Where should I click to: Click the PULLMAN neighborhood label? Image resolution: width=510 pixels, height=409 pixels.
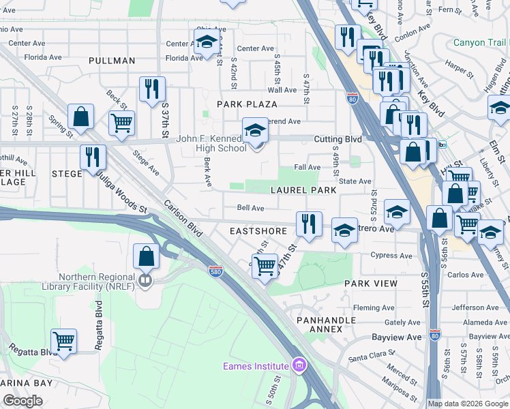pos(112,61)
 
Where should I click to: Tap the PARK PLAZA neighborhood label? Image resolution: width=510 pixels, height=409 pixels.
pos(247,104)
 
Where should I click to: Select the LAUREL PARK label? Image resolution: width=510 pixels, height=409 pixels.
pos(303,190)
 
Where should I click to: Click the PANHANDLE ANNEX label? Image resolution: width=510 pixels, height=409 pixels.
pos(325,324)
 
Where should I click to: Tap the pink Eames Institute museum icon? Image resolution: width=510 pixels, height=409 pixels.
pos(297,367)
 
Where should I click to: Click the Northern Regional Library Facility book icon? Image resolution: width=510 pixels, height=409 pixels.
pos(145,281)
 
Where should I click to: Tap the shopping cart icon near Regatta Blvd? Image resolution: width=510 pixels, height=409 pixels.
pos(63,339)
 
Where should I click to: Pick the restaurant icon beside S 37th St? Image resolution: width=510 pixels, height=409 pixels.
pos(151,89)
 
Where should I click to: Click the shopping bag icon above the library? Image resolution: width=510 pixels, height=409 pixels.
pos(147,256)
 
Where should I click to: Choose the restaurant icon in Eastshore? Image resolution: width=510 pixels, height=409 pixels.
pos(309,224)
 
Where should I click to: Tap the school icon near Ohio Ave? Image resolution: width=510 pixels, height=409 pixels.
pos(207,42)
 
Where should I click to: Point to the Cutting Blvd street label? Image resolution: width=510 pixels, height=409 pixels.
pos(337,139)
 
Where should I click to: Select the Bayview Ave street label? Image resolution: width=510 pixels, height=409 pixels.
pos(397,337)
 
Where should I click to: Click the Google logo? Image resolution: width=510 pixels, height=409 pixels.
pos(24,401)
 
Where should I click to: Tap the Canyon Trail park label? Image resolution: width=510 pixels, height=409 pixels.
pos(480,42)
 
